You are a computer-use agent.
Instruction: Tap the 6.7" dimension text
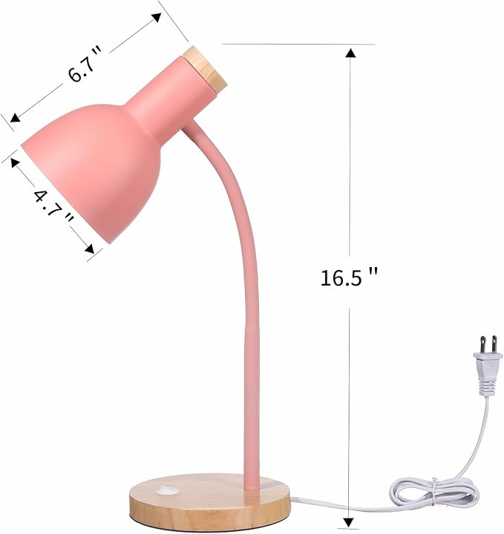pyautogui.click(x=85, y=65)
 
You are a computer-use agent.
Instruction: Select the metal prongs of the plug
pyautogui.click(x=487, y=345)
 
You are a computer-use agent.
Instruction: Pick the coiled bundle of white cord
pyautogui.click(x=435, y=490)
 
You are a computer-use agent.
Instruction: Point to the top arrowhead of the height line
pyautogui.click(x=350, y=52)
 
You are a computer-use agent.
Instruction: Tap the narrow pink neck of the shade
pyautogui.click(x=160, y=100)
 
